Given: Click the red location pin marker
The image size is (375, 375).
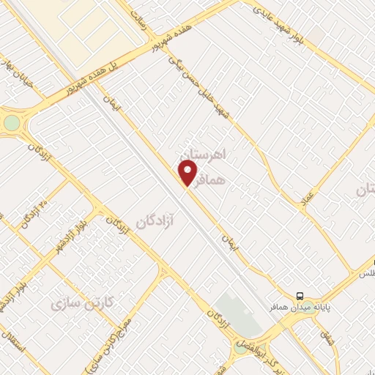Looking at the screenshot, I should point(188,172).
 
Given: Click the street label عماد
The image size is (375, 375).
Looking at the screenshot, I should point(308,196).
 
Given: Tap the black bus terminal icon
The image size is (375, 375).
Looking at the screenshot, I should point(300,296).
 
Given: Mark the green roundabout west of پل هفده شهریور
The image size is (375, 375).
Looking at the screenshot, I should point(12,122).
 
